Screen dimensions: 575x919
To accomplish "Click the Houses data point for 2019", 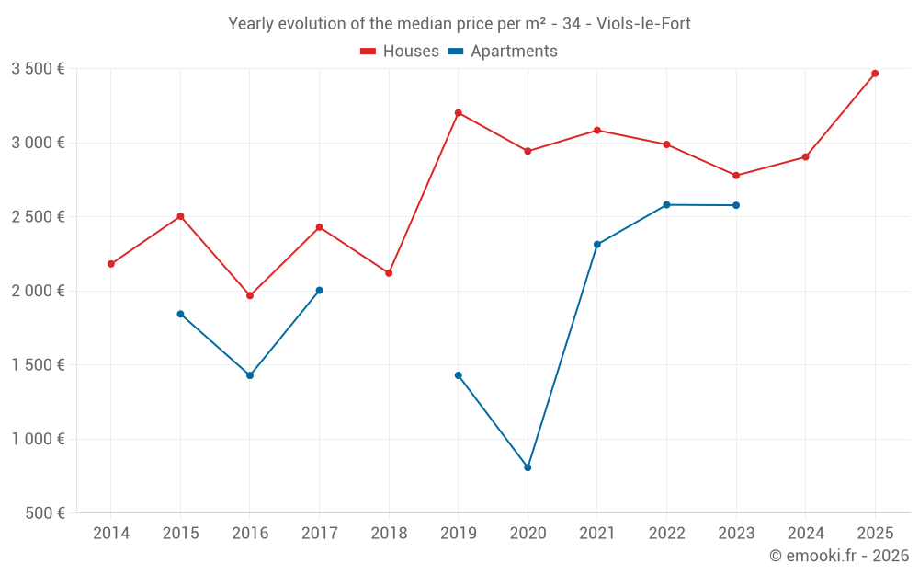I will click(458, 113).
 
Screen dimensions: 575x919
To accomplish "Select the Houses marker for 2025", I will click(875, 74).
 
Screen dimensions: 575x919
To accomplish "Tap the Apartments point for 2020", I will click(528, 467).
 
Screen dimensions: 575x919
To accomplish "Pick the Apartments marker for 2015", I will click(180, 314).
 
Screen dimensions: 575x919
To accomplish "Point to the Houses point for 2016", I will click(250, 295).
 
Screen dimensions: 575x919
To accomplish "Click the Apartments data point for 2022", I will click(666, 205).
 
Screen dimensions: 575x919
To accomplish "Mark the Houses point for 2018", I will click(389, 273).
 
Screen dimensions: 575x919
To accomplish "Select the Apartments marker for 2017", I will click(319, 291).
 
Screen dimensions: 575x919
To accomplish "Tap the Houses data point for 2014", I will click(111, 264).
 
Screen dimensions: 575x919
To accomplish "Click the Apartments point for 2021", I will click(597, 245).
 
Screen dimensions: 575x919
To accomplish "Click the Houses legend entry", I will click(400, 52).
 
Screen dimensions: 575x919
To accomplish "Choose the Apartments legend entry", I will click(503, 52).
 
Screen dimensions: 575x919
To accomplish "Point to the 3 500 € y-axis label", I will click(38, 69).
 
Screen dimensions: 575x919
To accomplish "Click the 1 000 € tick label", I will click(38, 440).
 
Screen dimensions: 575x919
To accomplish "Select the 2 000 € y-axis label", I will click(38, 292).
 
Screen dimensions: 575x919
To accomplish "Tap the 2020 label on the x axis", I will click(528, 534).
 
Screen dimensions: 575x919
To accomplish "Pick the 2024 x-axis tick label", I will click(805, 534).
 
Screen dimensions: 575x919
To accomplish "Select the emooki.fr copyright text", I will click(838, 556).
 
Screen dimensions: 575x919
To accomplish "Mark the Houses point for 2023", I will click(736, 176).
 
